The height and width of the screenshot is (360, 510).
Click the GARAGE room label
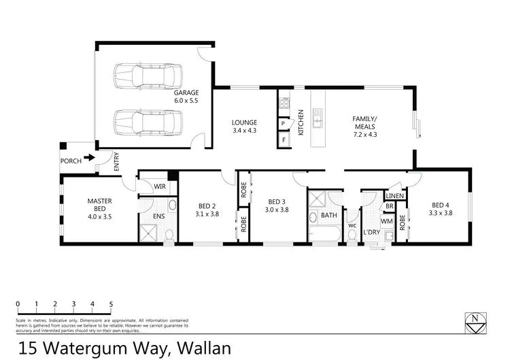click(x=186, y=93)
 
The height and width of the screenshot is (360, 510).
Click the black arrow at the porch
click(x=89, y=161)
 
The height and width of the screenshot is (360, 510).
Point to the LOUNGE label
click(x=244, y=123)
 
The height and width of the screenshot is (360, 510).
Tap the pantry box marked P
click(x=283, y=123)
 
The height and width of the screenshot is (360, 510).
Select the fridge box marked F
click(x=283, y=140)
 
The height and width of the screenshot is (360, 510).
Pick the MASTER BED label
click(x=99, y=205)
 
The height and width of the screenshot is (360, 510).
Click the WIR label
click(x=160, y=186)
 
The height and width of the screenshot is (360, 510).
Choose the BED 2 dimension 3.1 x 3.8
click(x=207, y=213)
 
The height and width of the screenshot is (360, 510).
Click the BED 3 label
click(x=275, y=201)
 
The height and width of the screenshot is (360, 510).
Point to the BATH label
click(x=329, y=216)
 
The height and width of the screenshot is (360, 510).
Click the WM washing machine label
click(x=386, y=221)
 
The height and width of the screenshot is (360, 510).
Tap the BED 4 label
click(x=440, y=205)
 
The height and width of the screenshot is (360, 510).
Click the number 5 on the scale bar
click(x=110, y=304)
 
